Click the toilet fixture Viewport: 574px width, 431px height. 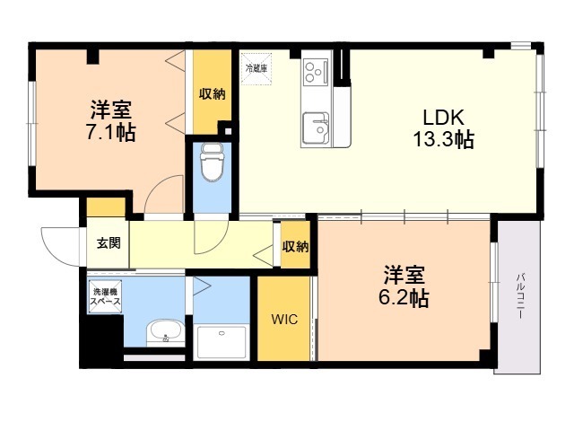click(x=212, y=162)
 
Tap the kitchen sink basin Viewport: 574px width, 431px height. click(x=316, y=128)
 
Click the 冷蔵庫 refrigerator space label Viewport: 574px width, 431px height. click(x=257, y=68)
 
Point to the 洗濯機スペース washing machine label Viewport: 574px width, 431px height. click(x=106, y=297)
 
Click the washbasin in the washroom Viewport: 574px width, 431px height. click(x=165, y=333)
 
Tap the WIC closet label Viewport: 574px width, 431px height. click(x=284, y=320)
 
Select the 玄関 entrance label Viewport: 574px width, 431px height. click(x=109, y=242)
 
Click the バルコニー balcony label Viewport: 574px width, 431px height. click(x=520, y=296)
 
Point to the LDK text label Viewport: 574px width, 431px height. click(x=443, y=118)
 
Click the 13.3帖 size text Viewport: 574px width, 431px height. click(x=444, y=139)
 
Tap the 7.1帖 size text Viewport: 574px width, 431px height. click(x=111, y=132)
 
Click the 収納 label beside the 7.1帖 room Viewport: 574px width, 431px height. click(x=213, y=94)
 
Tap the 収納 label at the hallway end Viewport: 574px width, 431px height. click(x=295, y=247)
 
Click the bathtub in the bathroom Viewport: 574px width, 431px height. click(x=222, y=342)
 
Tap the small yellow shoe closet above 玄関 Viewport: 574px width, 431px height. click(x=106, y=207)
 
